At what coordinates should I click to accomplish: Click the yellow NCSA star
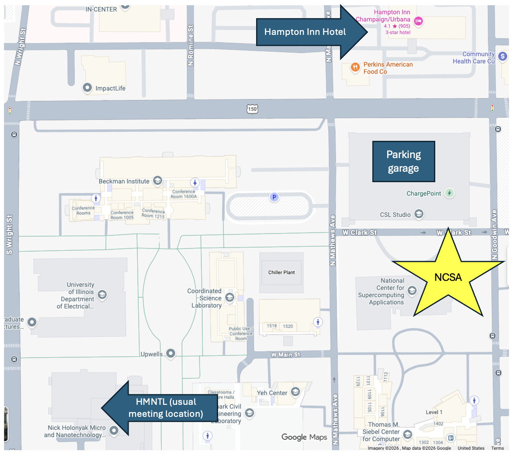point(448,277)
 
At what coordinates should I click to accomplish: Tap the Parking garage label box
point(404,161)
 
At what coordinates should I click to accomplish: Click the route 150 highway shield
point(252,109)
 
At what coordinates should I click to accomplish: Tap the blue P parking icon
point(274,197)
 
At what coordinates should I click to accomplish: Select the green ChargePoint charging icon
point(450,193)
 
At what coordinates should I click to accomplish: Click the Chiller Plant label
point(281,272)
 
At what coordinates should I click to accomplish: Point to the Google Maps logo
point(304,437)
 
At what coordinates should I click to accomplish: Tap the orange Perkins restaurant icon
point(355,67)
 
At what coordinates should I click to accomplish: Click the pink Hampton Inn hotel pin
point(418,21)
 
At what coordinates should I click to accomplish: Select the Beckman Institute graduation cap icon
point(158,181)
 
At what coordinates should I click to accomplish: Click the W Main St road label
point(285,355)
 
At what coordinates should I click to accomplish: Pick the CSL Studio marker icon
point(419,214)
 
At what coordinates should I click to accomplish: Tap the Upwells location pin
point(171,353)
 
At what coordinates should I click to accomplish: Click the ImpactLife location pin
point(87,88)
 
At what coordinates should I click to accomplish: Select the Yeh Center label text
point(272,393)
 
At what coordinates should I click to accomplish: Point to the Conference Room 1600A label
point(184,194)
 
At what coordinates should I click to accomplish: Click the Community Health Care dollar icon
point(503,57)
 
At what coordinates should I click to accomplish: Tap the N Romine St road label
point(191,45)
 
